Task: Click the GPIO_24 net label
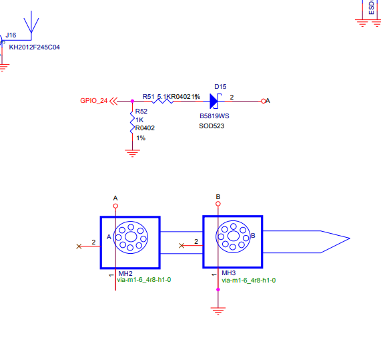93,101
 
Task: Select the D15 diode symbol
215,101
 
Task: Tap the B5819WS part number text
214,116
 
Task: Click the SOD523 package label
212,125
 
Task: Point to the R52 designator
141,112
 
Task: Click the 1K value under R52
139,120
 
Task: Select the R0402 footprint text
145,128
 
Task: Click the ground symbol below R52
133,154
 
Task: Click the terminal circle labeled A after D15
263,101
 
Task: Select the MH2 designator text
125,274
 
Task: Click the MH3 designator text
229,274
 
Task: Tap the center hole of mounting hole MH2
130,236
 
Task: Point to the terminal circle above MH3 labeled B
218,205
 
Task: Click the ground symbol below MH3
218,310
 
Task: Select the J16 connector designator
11,35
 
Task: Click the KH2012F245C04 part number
34,47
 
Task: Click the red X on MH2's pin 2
79,246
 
